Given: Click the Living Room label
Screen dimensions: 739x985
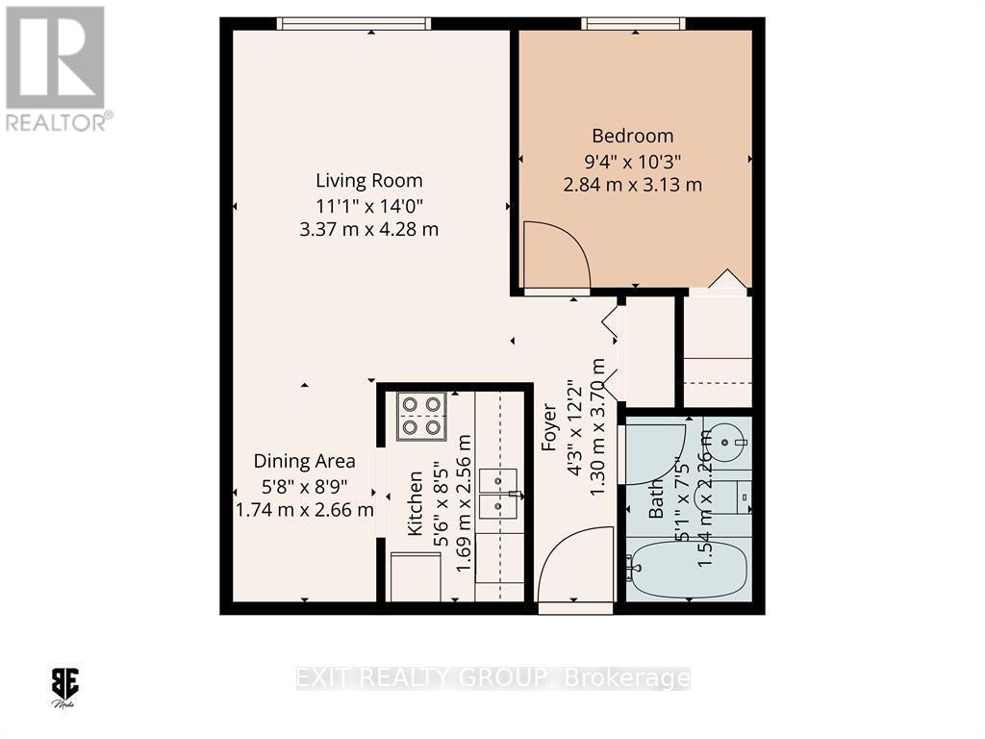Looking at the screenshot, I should pyautogui.click(x=369, y=180).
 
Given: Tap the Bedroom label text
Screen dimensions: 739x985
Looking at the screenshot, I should pyautogui.click(x=632, y=136).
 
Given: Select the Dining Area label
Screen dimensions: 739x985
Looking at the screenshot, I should pyautogui.click(x=304, y=461).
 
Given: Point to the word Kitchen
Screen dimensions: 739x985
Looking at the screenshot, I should pyautogui.click(x=416, y=502).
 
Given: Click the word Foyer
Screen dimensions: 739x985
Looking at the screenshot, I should pyautogui.click(x=549, y=428).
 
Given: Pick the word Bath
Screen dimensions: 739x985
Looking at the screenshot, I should pyautogui.click(x=656, y=498).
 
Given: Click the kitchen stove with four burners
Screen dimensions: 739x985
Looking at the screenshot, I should pyautogui.click(x=421, y=416).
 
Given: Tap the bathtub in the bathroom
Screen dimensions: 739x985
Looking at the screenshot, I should pyautogui.click(x=688, y=570).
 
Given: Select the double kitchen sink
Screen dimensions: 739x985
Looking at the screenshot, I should pyautogui.click(x=499, y=492).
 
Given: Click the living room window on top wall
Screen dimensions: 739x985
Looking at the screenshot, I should pyautogui.click(x=354, y=24).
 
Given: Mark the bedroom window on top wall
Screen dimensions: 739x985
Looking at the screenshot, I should pyautogui.click(x=633, y=24).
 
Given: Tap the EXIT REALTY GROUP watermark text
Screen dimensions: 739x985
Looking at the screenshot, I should pyautogui.click(x=491, y=678).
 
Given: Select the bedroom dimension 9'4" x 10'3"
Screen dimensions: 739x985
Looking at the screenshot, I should pyautogui.click(x=632, y=160).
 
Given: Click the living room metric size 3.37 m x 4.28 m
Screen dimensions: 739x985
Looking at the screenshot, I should pyautogui.click(x=369, y=229).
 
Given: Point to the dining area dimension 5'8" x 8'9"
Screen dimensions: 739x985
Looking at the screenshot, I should pyautogui.click(x=304, y=486).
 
